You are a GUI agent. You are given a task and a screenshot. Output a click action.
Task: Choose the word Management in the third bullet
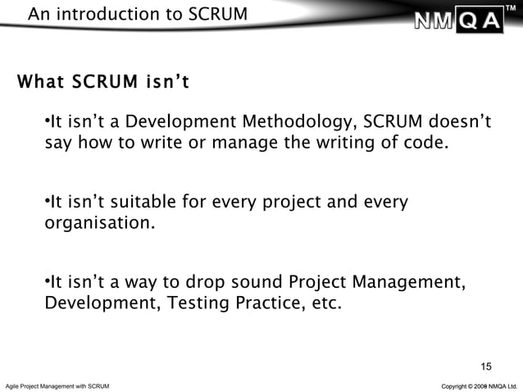coord(411,284)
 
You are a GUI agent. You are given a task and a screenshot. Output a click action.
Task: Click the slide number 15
coord(486,366)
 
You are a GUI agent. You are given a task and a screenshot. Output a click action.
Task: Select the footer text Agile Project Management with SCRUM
coord(57,385)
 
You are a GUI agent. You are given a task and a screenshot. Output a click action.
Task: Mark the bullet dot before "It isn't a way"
coord(47,284)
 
